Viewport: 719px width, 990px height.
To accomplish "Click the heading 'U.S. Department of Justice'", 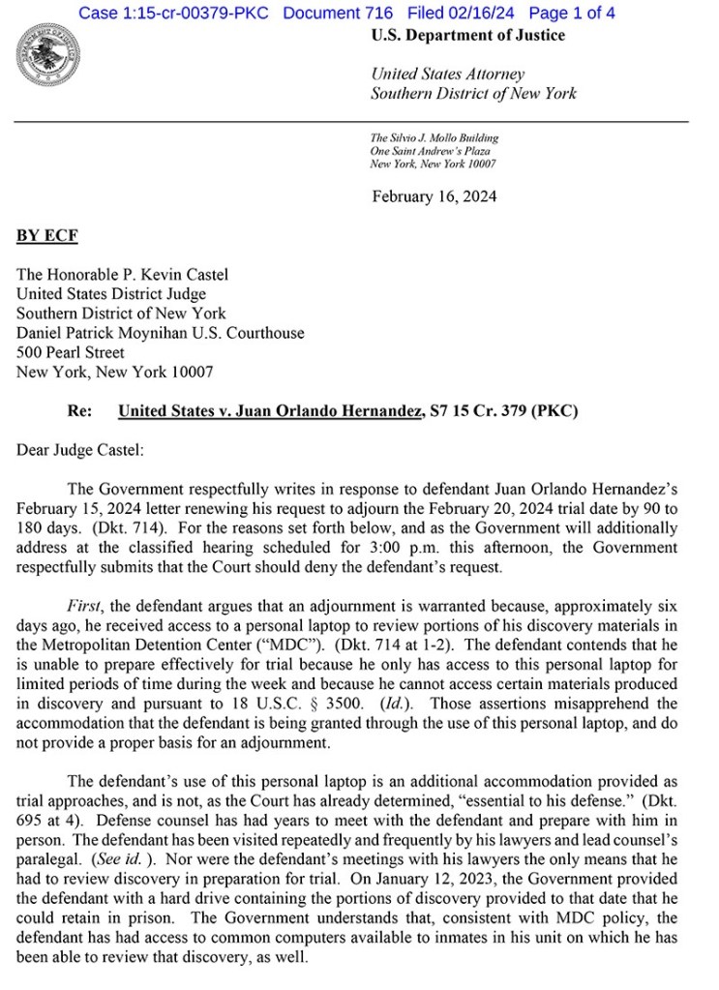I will click(467, 36).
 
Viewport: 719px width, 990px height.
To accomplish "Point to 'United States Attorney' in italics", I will click(447, 75).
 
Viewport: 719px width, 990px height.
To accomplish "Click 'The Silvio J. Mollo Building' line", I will click(434, 138).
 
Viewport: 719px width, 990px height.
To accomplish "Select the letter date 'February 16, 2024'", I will click(434, 196).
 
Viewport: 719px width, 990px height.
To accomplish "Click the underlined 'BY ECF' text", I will click(47, 236).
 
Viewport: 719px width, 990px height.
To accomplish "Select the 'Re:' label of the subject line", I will click(79, 411).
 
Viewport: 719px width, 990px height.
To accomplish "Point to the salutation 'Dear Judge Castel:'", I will click(79, 450).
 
